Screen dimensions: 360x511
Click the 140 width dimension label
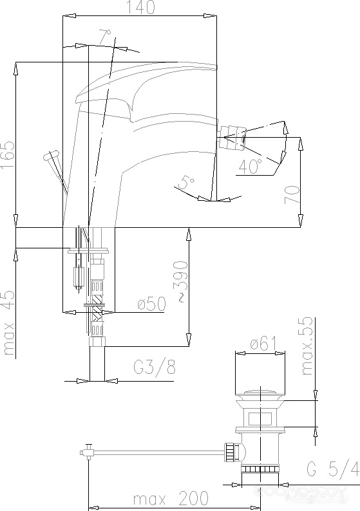(x=140, y=7)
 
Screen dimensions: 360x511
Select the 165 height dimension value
(x=8, y=155)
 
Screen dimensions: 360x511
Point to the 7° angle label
(x=105, y=37)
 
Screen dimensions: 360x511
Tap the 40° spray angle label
(x=251, y=165)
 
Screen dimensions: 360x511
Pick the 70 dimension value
(x=292, y=194)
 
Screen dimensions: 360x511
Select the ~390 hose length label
(x=180, y=281)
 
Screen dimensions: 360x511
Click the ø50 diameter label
(x=151, y=304)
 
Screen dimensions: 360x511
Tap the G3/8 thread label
(x=155, y=367)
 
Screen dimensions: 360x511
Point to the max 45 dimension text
(x=9, y=322)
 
